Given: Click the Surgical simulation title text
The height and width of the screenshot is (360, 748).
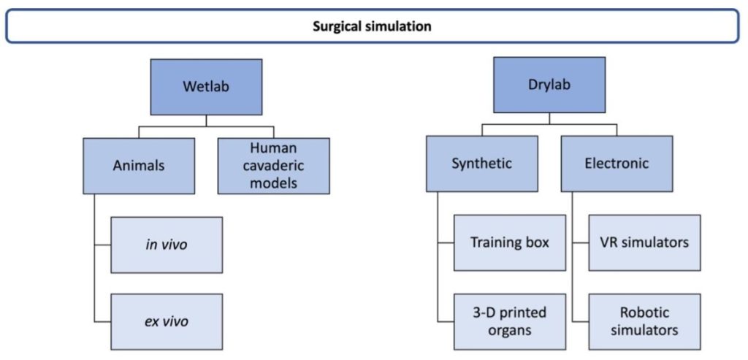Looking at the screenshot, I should click(372, 26).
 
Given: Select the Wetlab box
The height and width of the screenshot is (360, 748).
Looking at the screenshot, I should click(205, 87).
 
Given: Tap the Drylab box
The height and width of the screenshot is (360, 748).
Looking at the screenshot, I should click(549, 84).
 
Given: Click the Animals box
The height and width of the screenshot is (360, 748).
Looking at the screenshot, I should click(139, 166).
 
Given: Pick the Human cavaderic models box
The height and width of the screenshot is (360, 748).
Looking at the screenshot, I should click(273, 166).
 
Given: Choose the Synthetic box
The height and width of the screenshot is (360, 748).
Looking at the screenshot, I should click(481, 164).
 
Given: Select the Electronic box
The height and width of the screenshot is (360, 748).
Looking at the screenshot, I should click(617, 164).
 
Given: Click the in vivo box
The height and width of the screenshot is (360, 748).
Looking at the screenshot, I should click(167, 245).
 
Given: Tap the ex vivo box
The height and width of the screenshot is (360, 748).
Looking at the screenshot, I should click(167, 321).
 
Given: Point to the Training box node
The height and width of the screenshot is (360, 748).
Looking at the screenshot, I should click(509, 242).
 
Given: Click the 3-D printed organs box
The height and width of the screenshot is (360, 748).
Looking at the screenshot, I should click(509, 321).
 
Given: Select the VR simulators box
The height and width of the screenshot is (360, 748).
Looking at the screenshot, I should click(644, 242).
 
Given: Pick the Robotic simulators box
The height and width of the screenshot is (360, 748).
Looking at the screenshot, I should click(644, 321).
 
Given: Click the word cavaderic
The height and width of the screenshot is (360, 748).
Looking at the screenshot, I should click(273, 166).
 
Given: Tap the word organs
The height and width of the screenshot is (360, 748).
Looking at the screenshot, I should click(509, 330).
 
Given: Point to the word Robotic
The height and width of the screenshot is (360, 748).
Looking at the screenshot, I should click(644, 313).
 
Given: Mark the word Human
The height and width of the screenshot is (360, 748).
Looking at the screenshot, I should click(273, 148).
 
